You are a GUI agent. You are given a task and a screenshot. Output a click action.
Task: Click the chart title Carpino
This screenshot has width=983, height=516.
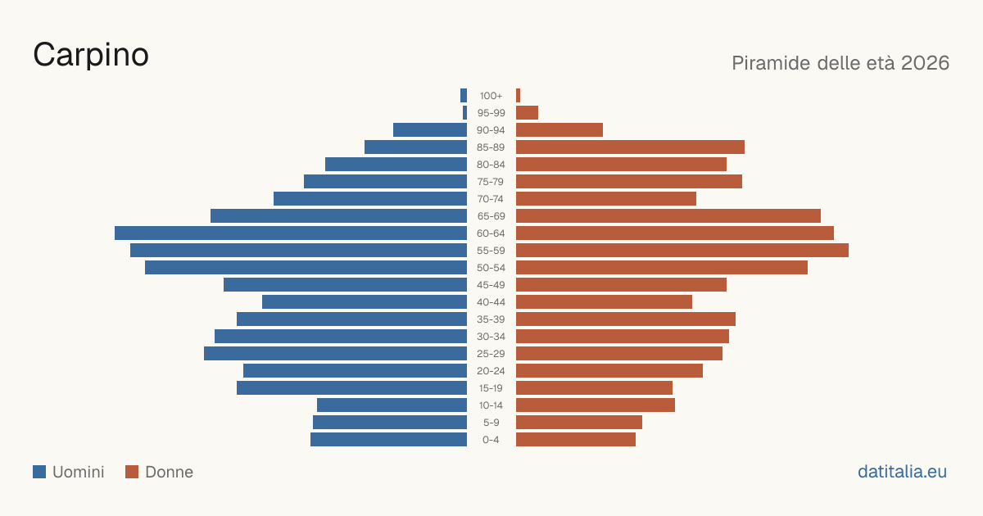tap(91, 55)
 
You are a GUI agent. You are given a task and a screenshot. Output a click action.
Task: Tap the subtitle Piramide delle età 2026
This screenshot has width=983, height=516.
tap(840, 63)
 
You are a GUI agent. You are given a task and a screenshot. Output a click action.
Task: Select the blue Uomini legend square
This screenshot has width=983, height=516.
tap(39, 472)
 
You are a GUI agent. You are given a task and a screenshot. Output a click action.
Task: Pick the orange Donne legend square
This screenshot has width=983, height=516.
tap(132, 472)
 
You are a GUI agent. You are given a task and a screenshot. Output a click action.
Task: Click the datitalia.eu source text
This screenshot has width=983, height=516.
tap(902, 472)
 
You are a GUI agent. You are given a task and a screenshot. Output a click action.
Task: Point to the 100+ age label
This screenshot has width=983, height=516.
tap(491, 96)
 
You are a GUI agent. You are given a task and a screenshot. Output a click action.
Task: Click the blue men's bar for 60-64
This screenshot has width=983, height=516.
tap(291, 233)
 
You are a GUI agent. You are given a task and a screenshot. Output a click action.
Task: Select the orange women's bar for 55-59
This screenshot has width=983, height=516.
tap(682, 250)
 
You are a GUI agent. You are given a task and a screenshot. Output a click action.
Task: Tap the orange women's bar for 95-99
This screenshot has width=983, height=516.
tap(527, 113)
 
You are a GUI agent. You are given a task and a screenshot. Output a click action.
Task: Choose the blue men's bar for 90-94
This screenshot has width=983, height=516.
tap(430, 130)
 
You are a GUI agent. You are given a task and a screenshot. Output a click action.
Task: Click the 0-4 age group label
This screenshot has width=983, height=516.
tap(491, 440)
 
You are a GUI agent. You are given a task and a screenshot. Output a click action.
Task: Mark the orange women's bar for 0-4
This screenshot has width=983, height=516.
tap(576, 439)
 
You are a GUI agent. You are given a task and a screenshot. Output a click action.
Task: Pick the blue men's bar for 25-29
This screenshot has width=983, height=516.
tap(335, 353)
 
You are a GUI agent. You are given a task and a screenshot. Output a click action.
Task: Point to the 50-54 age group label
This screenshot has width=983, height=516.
tap(491, 268)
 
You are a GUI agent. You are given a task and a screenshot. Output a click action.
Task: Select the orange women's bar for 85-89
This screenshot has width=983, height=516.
tap(630, 147)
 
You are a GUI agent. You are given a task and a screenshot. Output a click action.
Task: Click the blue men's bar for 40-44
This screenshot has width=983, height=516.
tap(365, 302)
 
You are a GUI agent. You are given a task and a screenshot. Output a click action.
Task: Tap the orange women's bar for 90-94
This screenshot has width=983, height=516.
tap(559, 130)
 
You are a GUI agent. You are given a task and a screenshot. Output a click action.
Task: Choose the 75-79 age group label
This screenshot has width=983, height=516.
tap(491, 182)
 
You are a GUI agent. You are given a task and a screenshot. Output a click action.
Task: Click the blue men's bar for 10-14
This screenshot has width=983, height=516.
tap(392, 405)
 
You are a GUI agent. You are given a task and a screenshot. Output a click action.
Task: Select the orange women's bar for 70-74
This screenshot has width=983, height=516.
tap(606, 199)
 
